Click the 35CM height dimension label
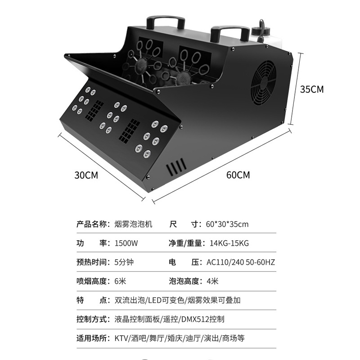[312, 89]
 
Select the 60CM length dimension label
[238, 175]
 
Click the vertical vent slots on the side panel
[177, 167]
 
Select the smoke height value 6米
[121, 281]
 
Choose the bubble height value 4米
[212, 281]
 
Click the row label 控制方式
[92, 319]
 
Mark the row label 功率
[92, 243]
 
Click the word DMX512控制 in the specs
[202, 319]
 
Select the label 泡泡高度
[184, 281]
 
